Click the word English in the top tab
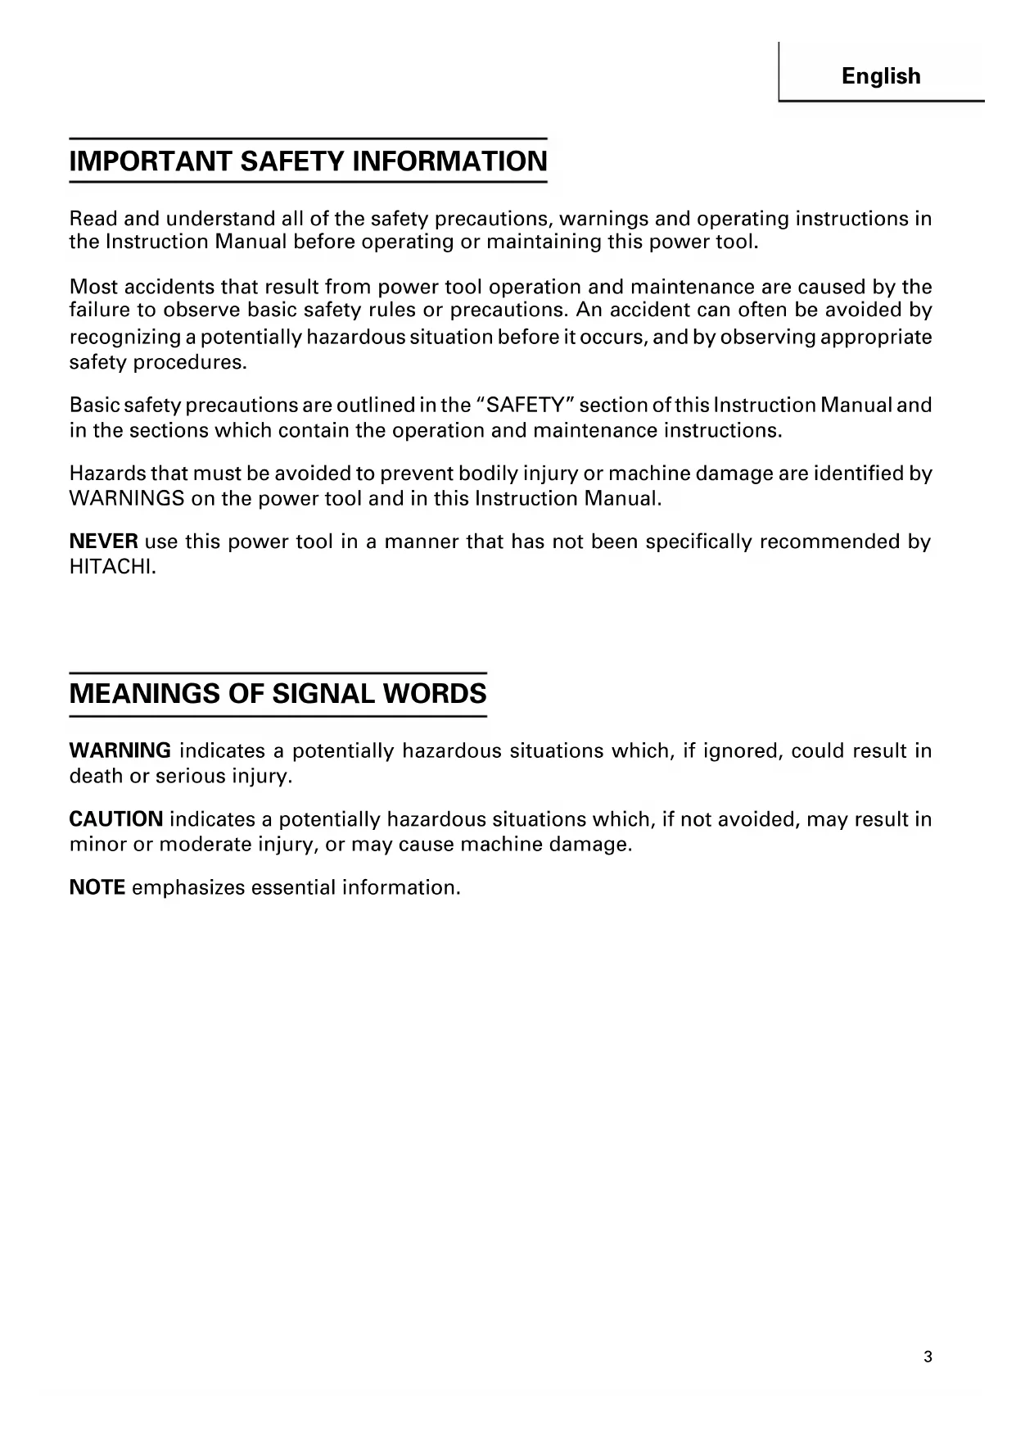(881, 76)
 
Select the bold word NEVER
(103, 542)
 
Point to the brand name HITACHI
(112, 567)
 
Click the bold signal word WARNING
(120, 750)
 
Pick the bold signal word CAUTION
(116, 819)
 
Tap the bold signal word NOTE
(97, 887)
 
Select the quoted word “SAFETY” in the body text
(524, 406)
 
